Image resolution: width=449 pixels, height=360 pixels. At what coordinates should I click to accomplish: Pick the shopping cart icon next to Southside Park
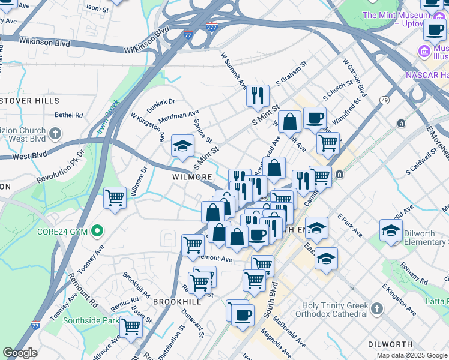(x=131, y=328)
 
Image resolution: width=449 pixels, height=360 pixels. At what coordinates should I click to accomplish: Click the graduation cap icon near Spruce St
(x=182, y=146)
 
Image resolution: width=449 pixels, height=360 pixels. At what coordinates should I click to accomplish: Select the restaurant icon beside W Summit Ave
(x=258, y=95)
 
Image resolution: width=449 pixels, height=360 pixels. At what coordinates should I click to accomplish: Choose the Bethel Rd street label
(x=68, y=115)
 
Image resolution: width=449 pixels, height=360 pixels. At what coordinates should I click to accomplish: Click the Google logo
(x=20, y=353)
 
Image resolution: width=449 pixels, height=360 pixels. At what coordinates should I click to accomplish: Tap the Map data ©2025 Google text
(x=411, y=355)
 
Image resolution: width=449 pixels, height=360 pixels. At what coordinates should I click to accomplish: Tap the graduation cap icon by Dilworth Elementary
(x=391, y=230)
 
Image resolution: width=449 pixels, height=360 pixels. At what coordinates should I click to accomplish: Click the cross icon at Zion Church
(x=55, y=133)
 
